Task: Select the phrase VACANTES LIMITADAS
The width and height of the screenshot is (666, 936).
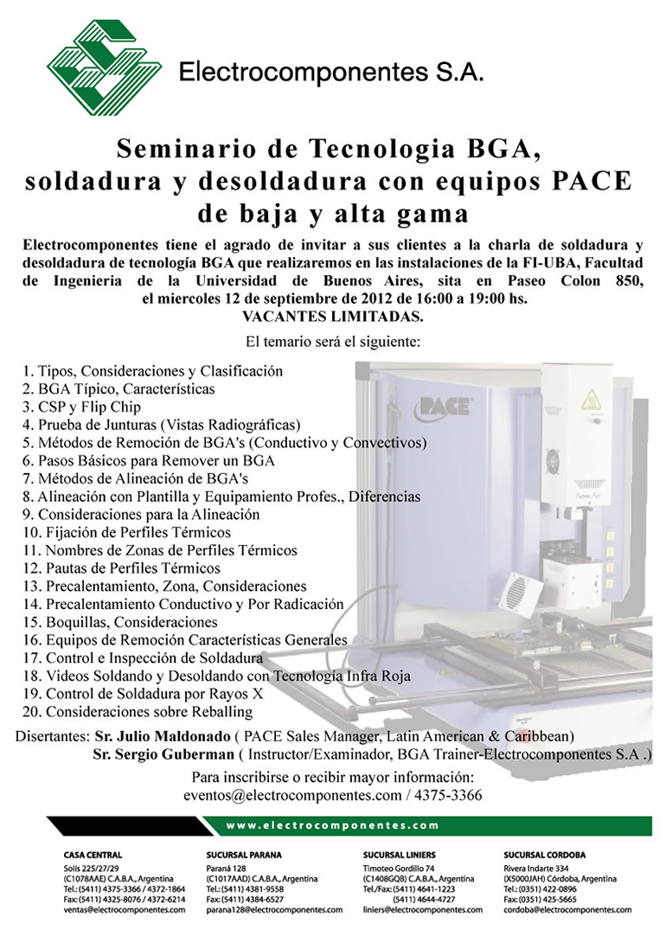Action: point(332,316)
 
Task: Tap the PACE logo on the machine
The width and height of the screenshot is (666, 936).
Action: point(445,404)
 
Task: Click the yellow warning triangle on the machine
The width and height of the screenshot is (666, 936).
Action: point(591,400)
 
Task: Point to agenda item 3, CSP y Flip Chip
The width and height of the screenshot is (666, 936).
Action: point(82,407)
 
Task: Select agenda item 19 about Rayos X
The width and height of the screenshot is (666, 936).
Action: point(143,694)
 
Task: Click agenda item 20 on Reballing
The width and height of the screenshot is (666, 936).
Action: point(138,712)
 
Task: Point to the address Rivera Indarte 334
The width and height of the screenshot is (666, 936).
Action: point(536,867)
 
